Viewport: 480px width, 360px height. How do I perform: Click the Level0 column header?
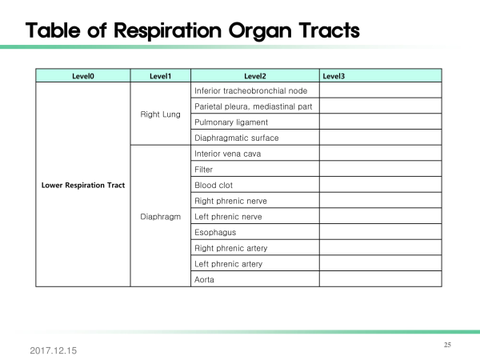83,76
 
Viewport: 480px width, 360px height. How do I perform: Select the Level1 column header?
161,76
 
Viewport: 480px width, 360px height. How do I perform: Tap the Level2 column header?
255,76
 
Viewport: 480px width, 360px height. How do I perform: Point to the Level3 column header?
381,76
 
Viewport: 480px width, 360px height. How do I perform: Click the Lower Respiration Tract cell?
83,185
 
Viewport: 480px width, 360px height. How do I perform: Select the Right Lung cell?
161,114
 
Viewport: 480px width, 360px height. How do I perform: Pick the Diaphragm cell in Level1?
161,217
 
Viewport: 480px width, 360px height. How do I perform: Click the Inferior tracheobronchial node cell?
255,90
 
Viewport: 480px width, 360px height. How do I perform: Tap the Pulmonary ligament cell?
255,122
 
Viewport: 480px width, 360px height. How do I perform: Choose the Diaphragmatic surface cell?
255,138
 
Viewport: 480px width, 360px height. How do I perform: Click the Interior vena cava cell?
255,154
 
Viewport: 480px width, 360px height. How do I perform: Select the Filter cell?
255,170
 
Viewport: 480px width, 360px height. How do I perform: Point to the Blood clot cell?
255,185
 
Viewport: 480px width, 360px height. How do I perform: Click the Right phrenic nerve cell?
255,201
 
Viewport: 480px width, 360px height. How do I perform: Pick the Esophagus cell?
255,232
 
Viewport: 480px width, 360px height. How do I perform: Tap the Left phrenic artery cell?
255,263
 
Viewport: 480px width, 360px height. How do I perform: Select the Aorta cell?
255,279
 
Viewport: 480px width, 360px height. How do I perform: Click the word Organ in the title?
260,31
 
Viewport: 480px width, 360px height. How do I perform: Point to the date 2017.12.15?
54,350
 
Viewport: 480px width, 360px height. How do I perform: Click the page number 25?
447,345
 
